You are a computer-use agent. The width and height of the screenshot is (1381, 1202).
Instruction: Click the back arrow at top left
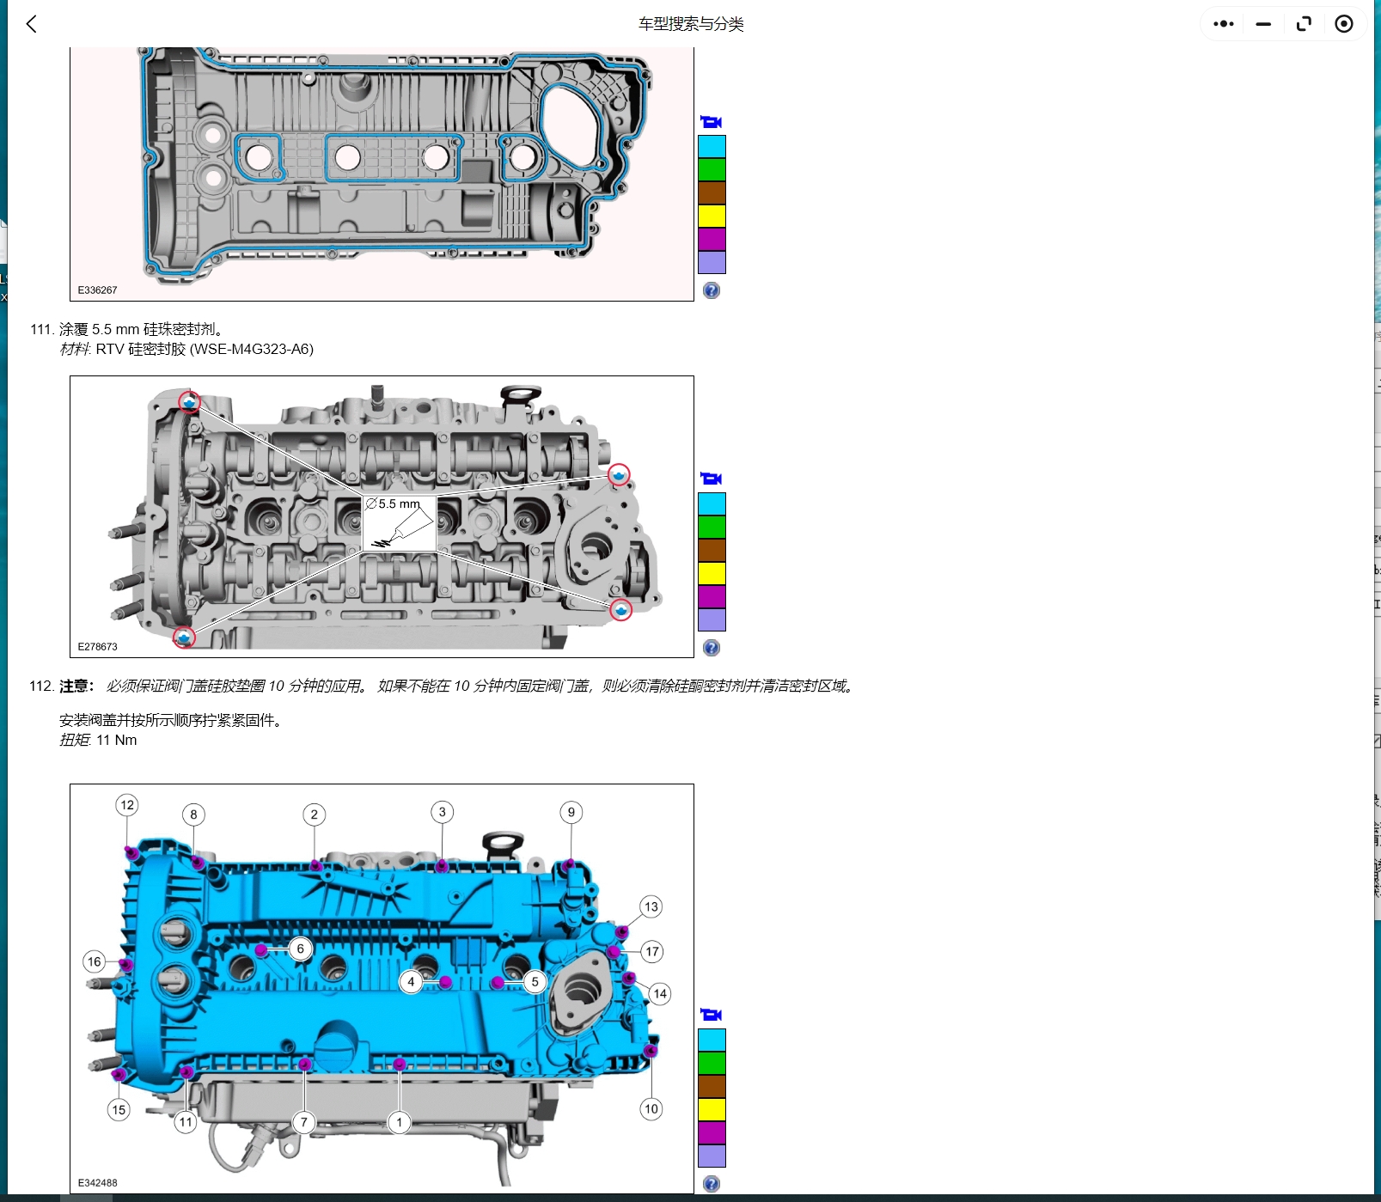32,24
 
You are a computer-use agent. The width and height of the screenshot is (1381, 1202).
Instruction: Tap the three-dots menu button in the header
1223,24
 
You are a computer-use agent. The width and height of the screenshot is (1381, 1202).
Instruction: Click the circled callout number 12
127,805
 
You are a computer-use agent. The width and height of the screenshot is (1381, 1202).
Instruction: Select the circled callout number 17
652,951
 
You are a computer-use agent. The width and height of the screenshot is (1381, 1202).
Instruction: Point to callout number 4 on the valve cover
411,981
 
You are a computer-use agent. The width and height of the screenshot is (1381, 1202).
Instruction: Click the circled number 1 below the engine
399,1122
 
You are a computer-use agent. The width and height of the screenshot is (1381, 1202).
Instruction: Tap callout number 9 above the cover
571,812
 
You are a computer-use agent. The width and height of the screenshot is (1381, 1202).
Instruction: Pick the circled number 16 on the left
95,961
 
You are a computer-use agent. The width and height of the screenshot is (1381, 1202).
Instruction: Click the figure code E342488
97,1182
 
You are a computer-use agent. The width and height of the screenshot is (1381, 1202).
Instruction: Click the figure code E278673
97,646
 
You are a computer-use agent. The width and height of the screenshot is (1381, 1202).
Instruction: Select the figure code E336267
97,290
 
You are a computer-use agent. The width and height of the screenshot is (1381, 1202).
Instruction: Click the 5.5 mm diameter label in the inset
394,504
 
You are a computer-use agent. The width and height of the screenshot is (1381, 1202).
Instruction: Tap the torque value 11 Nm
116,740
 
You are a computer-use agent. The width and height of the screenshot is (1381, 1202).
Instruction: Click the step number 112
40,686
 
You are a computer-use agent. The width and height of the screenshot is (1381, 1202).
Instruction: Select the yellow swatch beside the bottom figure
712,1109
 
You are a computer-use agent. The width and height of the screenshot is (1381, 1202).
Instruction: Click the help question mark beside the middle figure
711,648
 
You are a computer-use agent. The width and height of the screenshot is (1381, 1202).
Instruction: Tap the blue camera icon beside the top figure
711,122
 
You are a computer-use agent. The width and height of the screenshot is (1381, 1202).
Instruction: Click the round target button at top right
1343,24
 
